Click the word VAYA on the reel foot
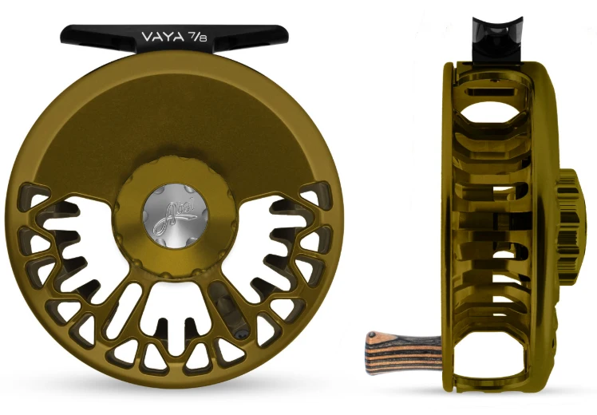pos(160,36)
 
